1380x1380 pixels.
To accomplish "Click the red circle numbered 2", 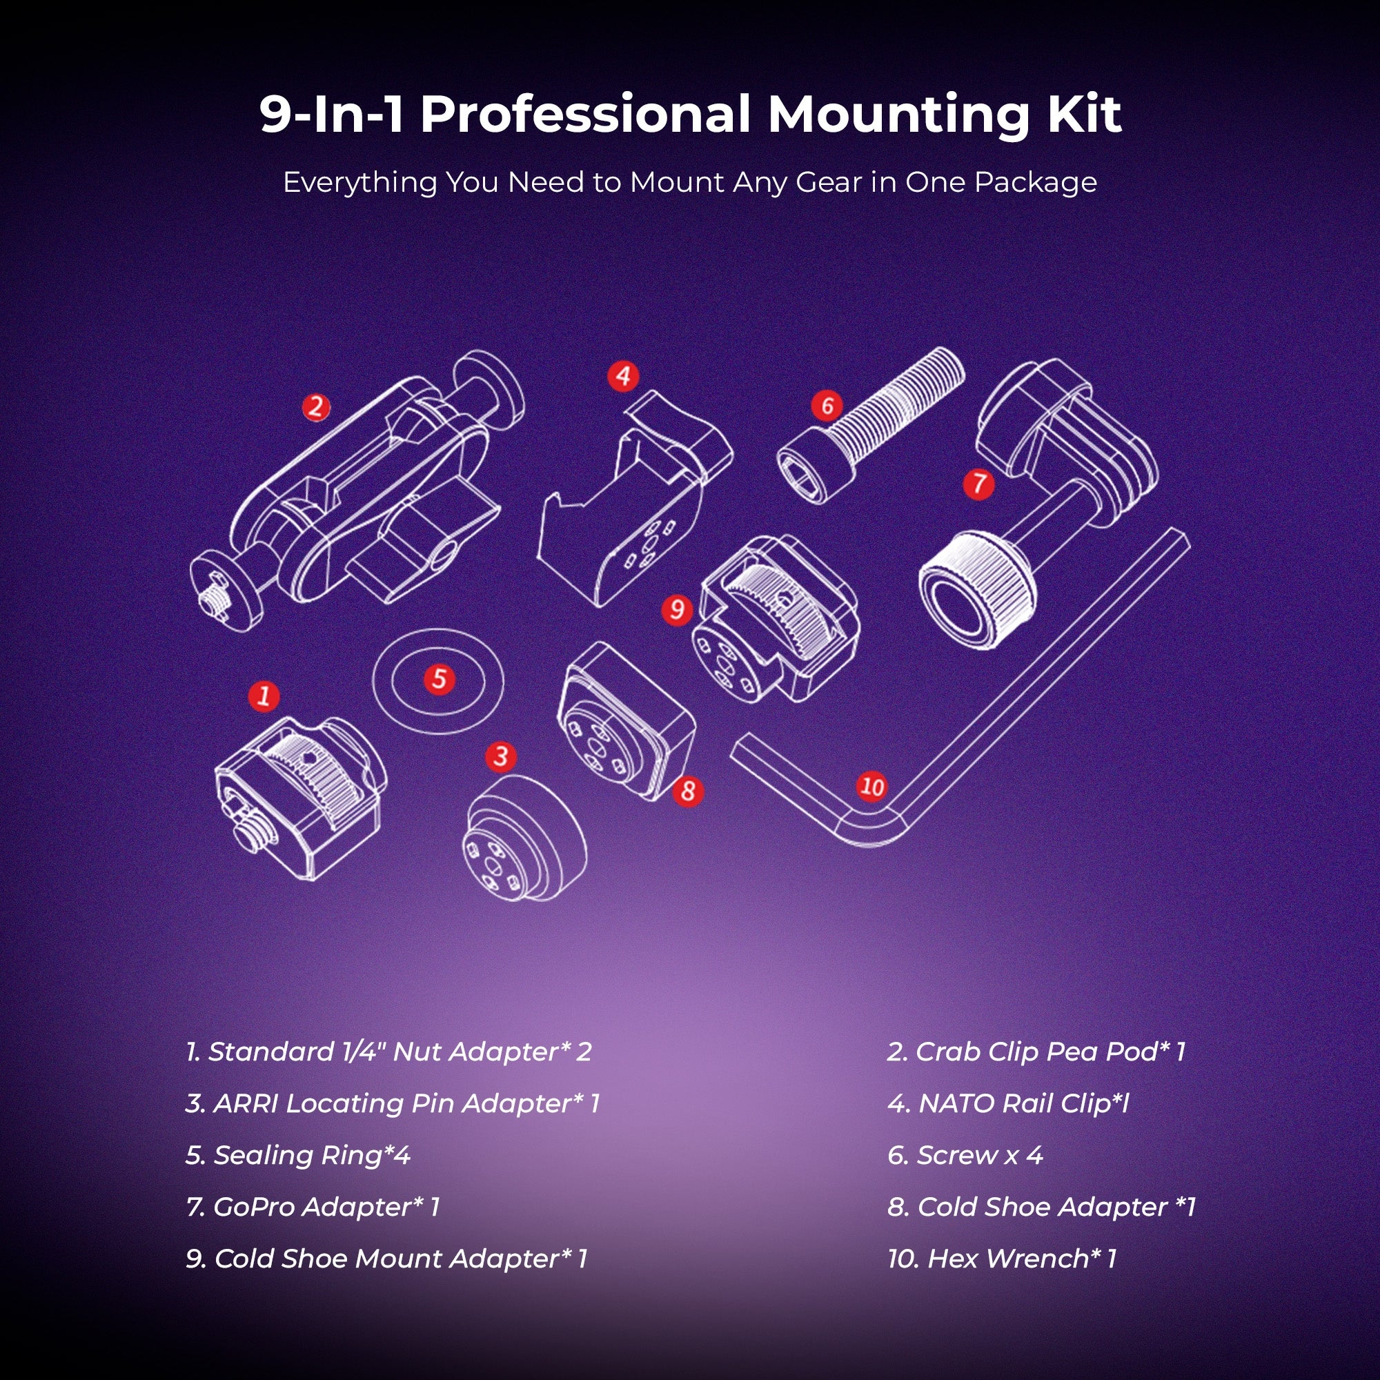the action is pos(316,408).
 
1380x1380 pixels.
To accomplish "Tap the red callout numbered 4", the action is pos(623,376).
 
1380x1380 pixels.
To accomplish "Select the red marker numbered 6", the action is pos(827,406).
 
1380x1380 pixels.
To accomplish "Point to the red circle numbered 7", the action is pos(978,484).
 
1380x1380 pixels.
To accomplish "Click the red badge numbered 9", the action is pos(677,609).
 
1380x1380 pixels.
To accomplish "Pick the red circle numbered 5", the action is pos(440,678).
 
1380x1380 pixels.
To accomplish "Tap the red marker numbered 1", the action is pos(264,695).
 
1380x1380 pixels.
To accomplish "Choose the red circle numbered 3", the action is pos(501,756).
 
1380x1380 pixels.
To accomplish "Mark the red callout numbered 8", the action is pos(688,791).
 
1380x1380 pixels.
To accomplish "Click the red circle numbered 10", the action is pos(871,787).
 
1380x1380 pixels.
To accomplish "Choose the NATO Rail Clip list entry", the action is pos(1008,1103).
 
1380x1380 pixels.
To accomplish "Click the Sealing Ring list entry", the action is pos(299,1156).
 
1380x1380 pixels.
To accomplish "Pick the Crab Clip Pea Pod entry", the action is pos(1036,1052).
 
